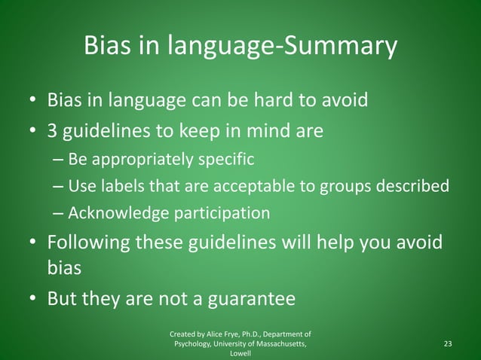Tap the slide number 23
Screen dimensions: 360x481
click(448, 343)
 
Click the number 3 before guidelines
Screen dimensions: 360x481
click(53, 131)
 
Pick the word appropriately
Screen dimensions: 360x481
click(139, 160)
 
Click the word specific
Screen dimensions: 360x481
click(230, 160)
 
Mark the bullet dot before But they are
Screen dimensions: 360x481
click(33, 300)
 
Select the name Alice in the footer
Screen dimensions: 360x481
click(210, 333)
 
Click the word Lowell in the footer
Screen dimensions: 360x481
click(240, 353)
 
